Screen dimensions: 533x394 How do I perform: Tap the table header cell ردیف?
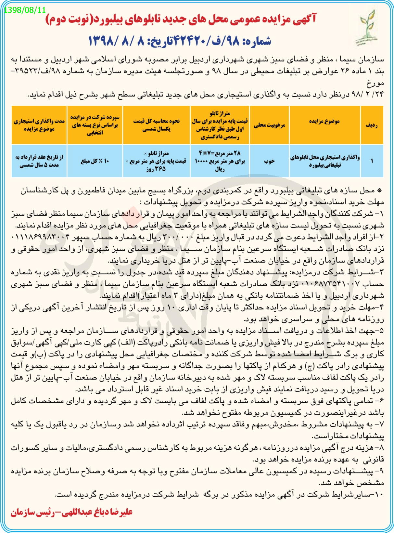coord(372,125)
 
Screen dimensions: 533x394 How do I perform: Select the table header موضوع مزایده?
coord(324,121)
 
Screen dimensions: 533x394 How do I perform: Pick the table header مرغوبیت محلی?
coord(269,125)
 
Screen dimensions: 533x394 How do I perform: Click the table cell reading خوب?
coord(269,161)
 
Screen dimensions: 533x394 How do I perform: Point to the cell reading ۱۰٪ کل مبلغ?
coord(95,161)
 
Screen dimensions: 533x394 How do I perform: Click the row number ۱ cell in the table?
coord(372,161)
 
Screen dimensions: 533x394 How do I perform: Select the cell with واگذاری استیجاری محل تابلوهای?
coord(324,161)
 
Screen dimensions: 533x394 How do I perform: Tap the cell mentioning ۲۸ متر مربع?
coord(220,161)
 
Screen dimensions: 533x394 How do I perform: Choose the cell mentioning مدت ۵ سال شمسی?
coord(39,161)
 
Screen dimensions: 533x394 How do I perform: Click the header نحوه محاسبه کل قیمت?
coord(156,125)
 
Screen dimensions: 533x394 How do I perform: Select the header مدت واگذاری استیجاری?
coord(39,125)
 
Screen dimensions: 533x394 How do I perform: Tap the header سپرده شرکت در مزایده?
coord(95,125)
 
